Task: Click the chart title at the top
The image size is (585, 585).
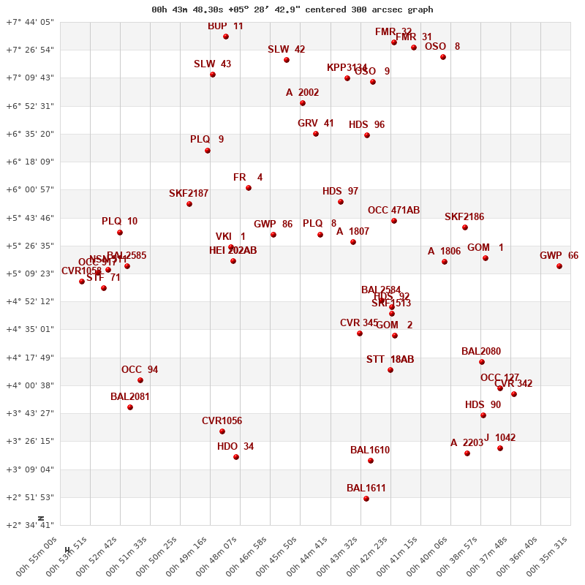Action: click(x=292, y=10)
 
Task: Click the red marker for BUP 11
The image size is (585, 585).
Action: click(x=226, y=37)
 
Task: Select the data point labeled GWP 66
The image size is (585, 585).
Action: click(x=559, y=266)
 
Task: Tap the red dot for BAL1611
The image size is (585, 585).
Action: click(x=366, y=499)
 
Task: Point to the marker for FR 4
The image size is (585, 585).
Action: click(x=249, y=188)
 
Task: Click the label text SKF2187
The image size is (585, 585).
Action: click(x=189, y=194)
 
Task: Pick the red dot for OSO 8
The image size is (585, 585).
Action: click(x=443, y=57)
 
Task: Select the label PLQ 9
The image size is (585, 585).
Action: click(x=207, y=140)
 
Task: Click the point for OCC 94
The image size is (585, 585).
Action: click(x=140, y=380)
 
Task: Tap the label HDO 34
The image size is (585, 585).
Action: click(x=235, y=447)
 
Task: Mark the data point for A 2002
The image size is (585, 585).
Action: click(x=303, y=103)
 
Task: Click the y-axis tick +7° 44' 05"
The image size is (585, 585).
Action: click(x=30, y=22)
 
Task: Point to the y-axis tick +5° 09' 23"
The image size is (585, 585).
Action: click(x=30, y=273)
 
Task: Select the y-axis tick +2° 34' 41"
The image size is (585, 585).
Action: click(x=30, y=525)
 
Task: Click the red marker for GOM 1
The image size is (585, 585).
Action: click(x=485, y=258)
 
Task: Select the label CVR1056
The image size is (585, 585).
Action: click(x=222, y=421)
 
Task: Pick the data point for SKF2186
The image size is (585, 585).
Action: click(x=465, y=227)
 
